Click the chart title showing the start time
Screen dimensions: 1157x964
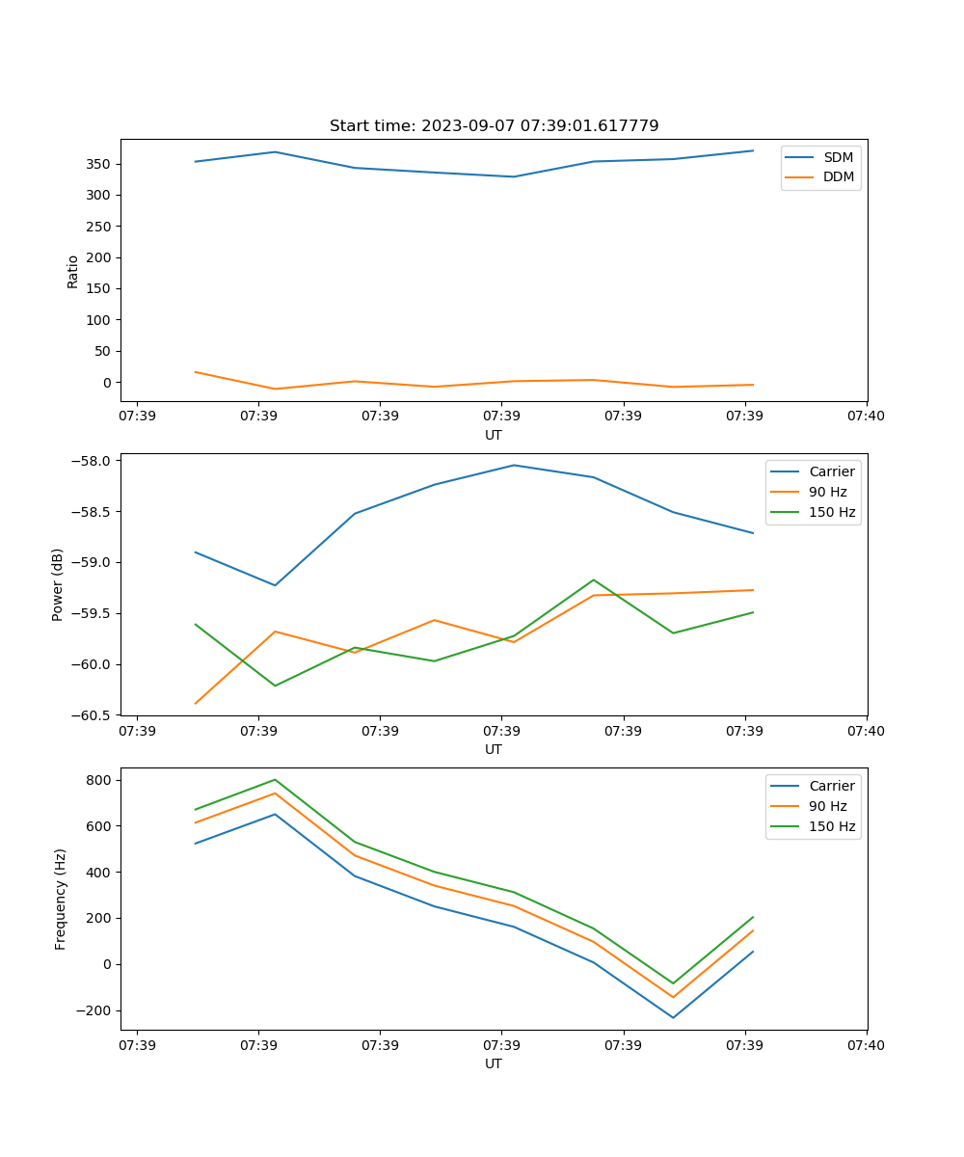(494, 126)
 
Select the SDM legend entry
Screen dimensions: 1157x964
(838, 157)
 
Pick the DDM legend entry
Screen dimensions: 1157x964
(838, 176)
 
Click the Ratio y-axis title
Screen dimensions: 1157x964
(73, 271)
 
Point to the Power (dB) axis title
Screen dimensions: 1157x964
(58, 584)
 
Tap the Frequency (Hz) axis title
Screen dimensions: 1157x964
(61, 899)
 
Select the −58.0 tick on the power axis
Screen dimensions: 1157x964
(91, 461)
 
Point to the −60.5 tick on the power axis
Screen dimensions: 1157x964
(91, 715)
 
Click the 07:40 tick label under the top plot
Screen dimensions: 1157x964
(866, 416)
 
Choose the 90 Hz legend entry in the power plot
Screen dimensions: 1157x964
(828, 492)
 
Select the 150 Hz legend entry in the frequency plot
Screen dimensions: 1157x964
(832, 826)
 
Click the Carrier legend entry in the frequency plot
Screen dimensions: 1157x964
(831, 786)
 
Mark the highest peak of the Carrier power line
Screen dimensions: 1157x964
(514, 465)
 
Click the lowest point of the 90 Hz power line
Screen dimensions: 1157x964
(196, 704)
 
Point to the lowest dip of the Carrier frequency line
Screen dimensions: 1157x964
(673, 1018)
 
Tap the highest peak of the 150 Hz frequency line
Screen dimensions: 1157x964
(276, 779)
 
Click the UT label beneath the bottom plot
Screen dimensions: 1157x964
(494, 1063)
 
